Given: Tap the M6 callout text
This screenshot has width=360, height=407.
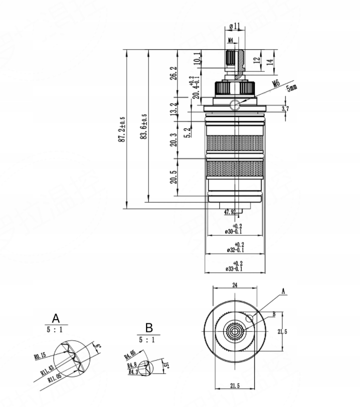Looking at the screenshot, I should pos(275,84).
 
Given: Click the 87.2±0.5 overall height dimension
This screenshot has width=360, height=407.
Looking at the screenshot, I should pos(122,129).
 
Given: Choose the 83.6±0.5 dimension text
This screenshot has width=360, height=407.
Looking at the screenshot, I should pos(145,129).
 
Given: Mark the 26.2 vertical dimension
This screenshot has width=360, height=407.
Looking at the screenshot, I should pos(173,73).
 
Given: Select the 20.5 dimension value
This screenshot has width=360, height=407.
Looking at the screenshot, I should pos(173,178).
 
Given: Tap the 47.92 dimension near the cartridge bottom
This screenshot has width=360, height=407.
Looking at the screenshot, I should pos(230,212).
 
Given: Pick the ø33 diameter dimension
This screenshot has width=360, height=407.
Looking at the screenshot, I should pos(234,269).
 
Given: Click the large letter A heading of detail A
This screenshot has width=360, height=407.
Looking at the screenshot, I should pos(56,318).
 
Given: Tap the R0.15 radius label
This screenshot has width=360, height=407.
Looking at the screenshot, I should pos(40,356).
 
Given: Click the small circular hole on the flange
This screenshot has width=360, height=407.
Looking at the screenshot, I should pos(234,104).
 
